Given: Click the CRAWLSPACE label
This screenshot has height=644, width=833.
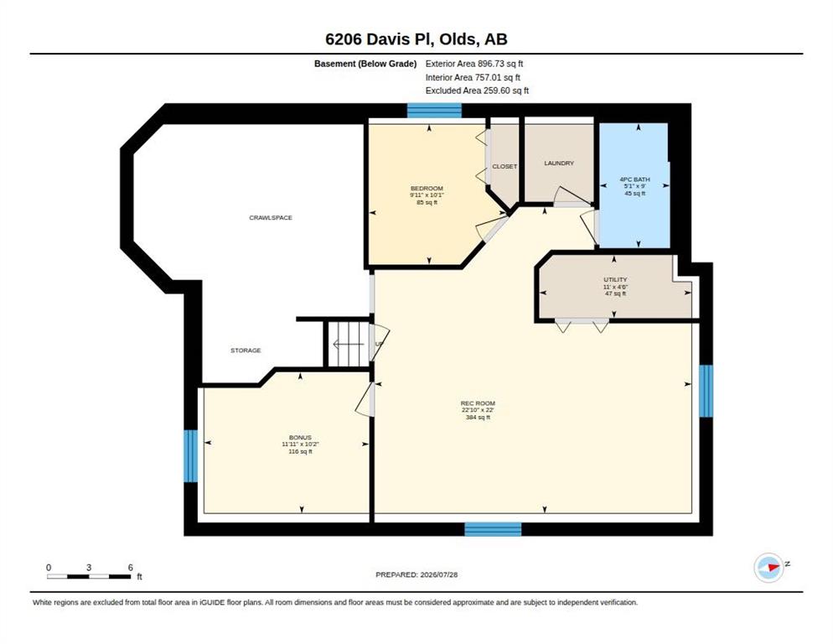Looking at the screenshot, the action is (x=271, y=217).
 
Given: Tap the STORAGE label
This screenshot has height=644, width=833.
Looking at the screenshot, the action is (x=246, y=351).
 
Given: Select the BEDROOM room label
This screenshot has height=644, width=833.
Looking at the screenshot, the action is (x=427, y=189).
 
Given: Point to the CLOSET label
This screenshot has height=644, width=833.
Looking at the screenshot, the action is (x=504, y=167).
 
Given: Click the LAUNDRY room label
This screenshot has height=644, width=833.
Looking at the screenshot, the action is (x=559, y=164).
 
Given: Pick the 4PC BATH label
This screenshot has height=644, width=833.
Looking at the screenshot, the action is (x=635, y=179).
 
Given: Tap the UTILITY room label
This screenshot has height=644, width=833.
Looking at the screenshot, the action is (x=615, y=279).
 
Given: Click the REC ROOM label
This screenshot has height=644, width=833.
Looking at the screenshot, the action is (x=479, y=403).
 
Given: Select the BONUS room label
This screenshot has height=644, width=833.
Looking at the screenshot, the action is (x=300, y=437).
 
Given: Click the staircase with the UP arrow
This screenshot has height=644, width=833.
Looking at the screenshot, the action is (x=348, y=344).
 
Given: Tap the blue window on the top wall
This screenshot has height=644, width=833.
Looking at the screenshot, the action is (x=434, y=110).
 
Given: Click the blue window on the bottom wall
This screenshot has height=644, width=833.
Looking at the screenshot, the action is (x=493, y=529).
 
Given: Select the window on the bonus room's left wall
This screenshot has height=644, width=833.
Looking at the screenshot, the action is (x=191, y=455).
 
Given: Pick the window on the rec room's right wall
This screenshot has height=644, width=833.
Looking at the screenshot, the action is (x=706, y=391).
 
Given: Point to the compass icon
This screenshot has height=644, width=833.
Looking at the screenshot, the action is (x=768, y=568).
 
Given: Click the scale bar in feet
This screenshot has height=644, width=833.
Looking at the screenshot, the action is (x=89, y=576).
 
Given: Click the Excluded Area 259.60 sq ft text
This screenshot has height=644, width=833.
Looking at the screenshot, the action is (x=477, y=91).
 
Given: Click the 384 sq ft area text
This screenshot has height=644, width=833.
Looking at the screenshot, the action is (x=479, y=418).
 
